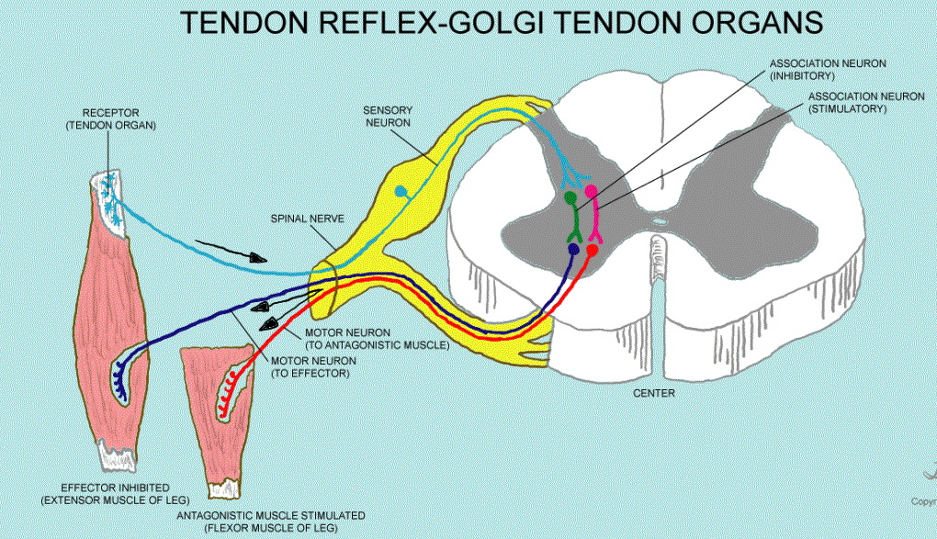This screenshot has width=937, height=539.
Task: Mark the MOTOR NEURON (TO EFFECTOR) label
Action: click(313, 367)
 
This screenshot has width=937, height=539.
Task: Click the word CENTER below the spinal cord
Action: click(655, 393)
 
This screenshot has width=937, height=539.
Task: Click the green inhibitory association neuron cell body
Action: click(570, 197)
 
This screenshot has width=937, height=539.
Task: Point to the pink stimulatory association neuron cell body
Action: click(592, 191)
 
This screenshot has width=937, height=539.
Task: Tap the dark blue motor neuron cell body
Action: click(575, 247)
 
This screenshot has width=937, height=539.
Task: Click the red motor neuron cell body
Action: click(593, 249)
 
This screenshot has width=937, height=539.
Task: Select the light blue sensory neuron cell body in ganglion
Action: click(401, 191)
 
